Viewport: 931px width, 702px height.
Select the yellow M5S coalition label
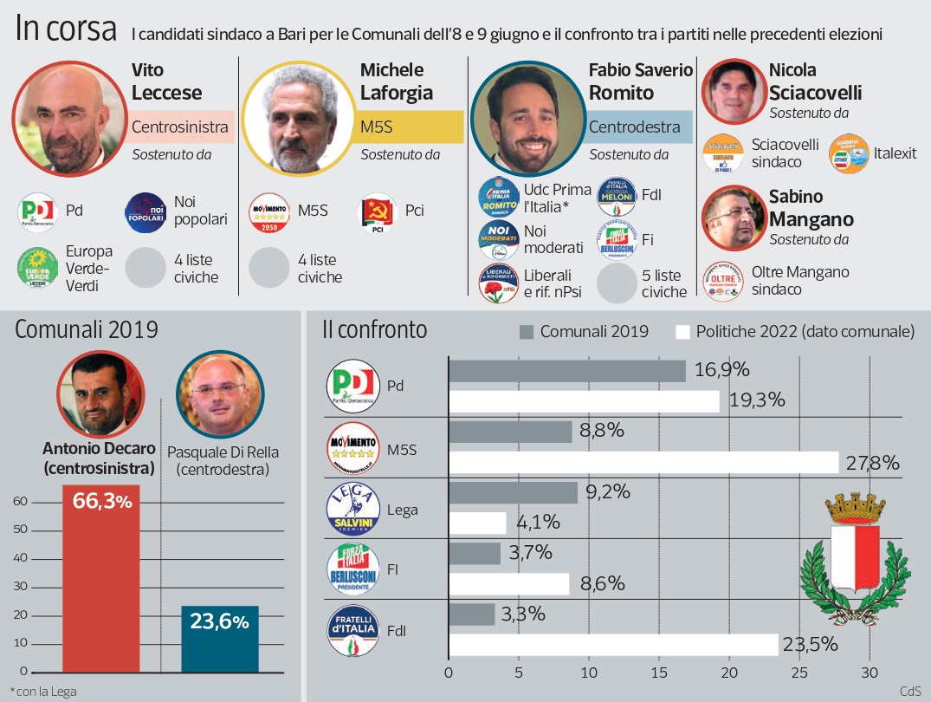click(x=411, y=127)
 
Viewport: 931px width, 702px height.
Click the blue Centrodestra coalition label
click(x=640, y=127)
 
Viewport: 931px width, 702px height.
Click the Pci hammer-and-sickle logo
click(x=377, y=212)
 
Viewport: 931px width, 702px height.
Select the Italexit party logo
click(x=849, y=154)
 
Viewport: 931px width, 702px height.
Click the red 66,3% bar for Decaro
click(x=100, y=578)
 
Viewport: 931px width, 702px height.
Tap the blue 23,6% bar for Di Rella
click(x=220, y=639)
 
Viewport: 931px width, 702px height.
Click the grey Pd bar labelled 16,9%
click(x=566, y=371)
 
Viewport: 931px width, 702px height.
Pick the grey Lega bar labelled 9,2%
click(x=513, y=492)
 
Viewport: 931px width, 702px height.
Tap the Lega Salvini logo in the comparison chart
click(x=352, y=509)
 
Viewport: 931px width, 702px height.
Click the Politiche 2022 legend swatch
click(x=682, y=331)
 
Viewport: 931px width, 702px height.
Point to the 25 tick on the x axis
click(x=799, y=673)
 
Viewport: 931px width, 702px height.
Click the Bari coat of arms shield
click(x=854, y=556)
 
